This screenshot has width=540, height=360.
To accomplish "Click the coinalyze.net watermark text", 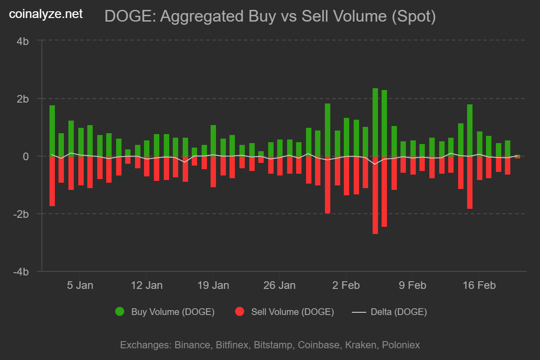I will pyautogui.click(x=46, y=14).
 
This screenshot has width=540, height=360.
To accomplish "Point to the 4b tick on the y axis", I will pyautogui.click(x=23, y=41).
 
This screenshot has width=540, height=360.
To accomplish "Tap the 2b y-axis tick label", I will pyautogui.click(x=23, y=99).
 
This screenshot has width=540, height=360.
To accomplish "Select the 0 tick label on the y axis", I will pyautogui.click(x=26, y=156).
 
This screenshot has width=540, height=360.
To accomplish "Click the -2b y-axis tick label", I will pyautogui.click(x=22, y=214).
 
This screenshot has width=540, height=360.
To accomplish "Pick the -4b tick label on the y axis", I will pyautogui.click(x=22, y=272).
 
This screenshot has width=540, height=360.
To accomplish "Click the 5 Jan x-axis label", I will pyautogui.click(x=80, y=285).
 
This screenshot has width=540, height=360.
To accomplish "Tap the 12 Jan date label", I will pyautogui.click(x=146, y=285).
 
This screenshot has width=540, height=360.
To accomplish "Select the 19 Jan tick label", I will pyautogui.click(x=213, y=285).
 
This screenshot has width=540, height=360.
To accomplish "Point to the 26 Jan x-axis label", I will pyautogui.click(x=279, y=285).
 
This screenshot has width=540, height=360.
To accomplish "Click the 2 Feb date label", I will pyautogui.click(x=345, y=285).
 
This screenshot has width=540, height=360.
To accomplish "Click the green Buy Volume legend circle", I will pyautogui.click(x=120, y=312).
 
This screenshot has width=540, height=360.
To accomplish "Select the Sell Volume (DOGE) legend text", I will pyautogui.click(x=292, y=312).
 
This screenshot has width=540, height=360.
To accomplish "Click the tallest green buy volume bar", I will pyautogui.click(x=375, y=122).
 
